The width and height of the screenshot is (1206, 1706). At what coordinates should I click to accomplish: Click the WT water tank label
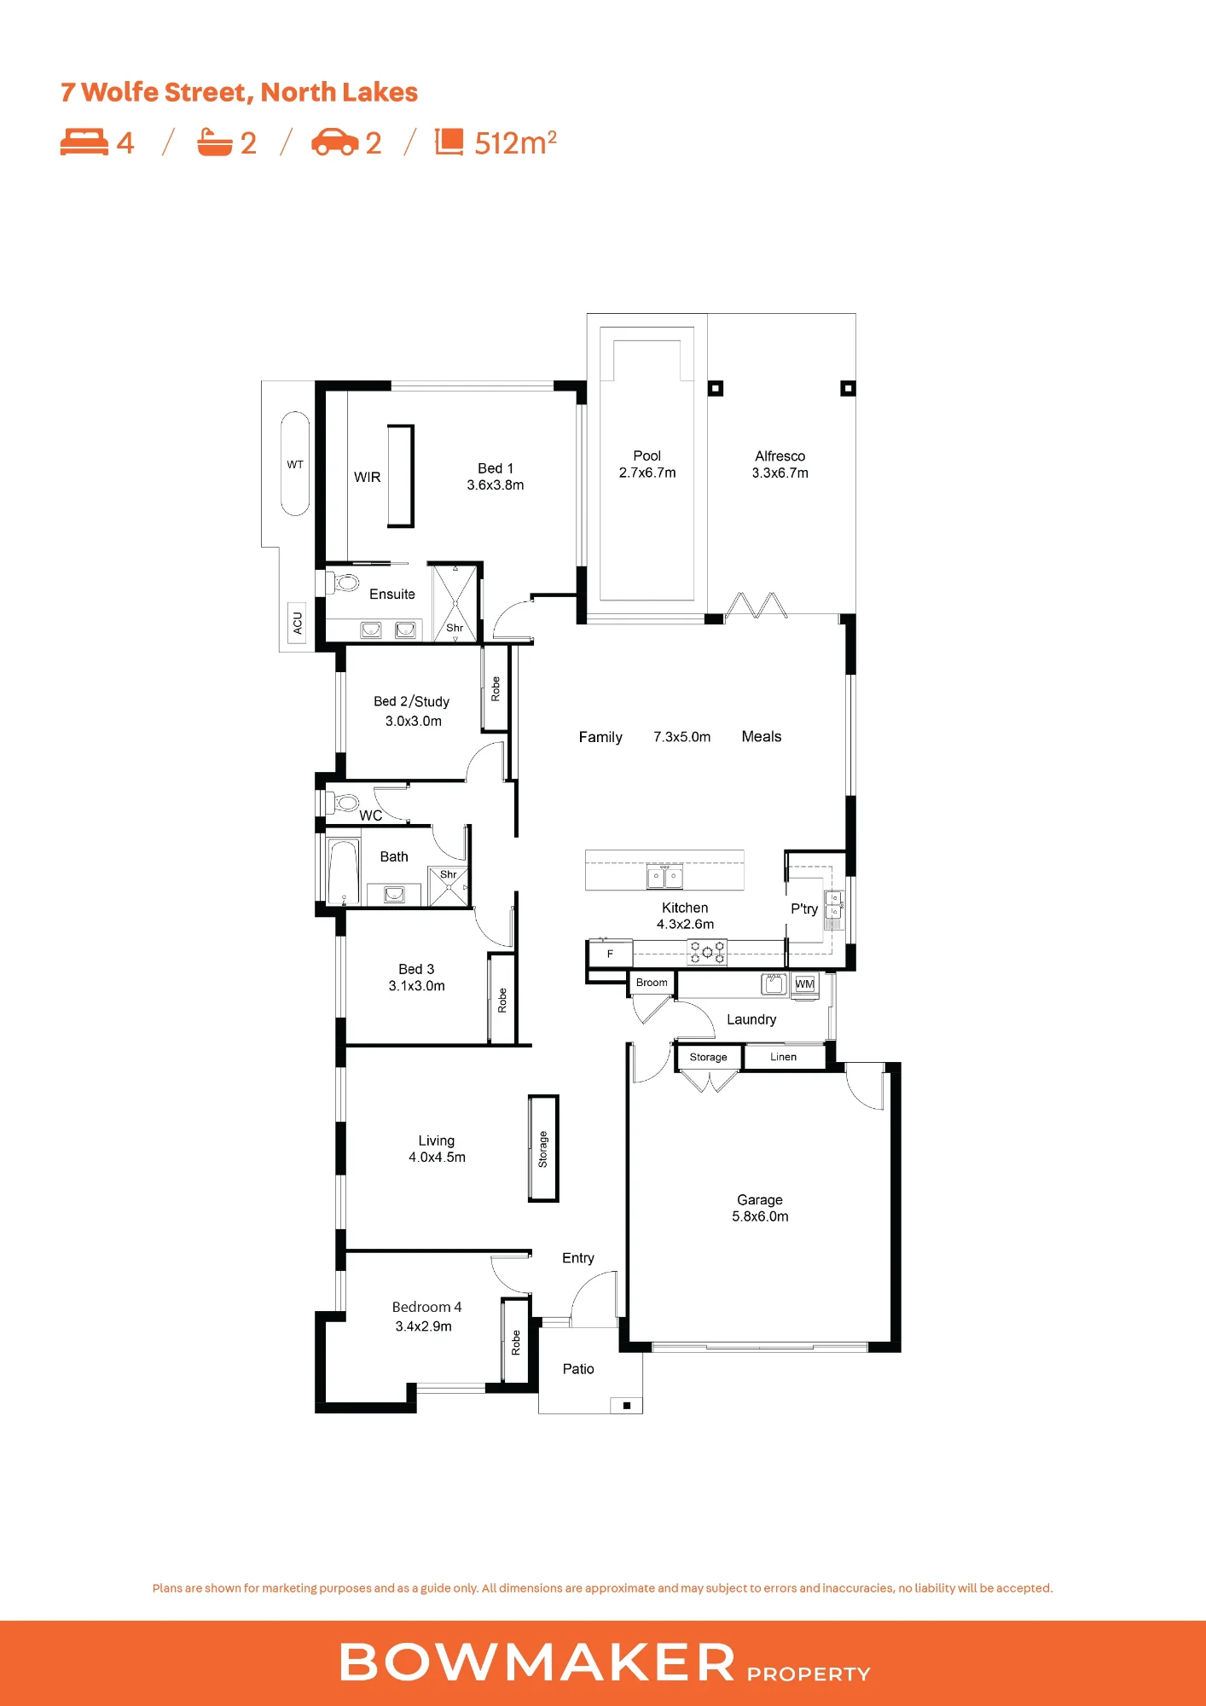[295, 465]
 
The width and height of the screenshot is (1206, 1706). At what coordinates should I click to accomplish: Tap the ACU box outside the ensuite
[297, 622]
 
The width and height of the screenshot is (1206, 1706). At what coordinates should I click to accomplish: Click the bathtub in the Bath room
[344, 872]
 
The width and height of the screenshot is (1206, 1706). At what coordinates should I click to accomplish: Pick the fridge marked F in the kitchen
[611, 954]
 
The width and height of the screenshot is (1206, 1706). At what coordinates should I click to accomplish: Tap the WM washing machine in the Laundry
[804, 984]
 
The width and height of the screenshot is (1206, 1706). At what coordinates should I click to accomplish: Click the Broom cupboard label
[652, 983]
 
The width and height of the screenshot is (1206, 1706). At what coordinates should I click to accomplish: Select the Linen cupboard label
[783, 1057]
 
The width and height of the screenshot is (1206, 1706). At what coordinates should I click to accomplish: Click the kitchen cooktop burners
[707, 952]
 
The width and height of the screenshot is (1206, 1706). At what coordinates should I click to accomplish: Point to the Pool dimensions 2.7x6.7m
[647, 473]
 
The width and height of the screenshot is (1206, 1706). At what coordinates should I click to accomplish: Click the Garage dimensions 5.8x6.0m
[760, 1216]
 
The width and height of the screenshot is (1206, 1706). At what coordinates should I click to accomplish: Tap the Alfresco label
[780, 456]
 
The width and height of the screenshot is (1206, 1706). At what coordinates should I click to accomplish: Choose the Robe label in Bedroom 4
[515, 1343]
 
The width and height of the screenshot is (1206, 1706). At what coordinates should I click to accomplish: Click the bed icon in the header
[84, 142]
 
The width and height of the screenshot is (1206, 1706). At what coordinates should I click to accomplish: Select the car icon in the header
[334, 142]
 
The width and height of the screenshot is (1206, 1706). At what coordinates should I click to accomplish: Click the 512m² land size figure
[515, 142]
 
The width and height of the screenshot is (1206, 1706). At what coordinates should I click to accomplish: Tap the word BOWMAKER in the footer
[537, 1662]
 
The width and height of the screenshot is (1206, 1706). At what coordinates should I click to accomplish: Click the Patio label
[578, 1369]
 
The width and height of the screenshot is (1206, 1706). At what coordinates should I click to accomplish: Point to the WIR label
[368, 478]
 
